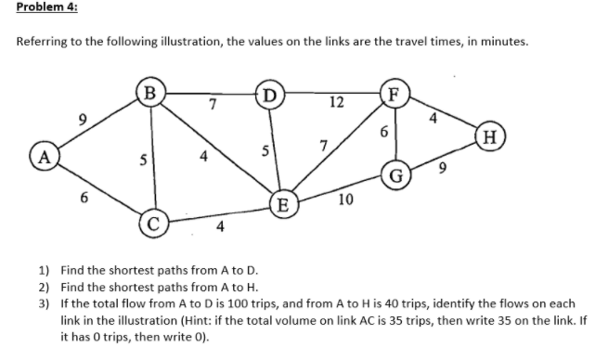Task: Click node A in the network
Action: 43,155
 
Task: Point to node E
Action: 283,202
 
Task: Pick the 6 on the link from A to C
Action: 85,197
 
